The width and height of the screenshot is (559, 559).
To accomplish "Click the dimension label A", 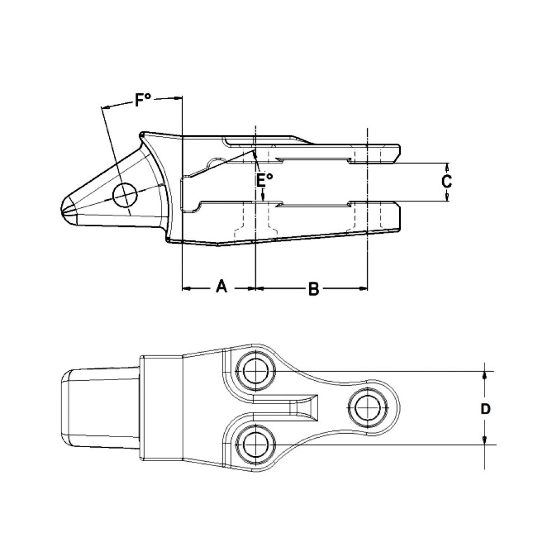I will click(221, 287).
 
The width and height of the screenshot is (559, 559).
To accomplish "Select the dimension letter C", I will click(447, 182).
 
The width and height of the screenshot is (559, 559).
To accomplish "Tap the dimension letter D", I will click(486, 409).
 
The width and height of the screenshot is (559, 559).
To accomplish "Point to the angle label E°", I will click(265, 179).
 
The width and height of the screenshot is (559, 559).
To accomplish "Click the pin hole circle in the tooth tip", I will click(125, 196).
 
